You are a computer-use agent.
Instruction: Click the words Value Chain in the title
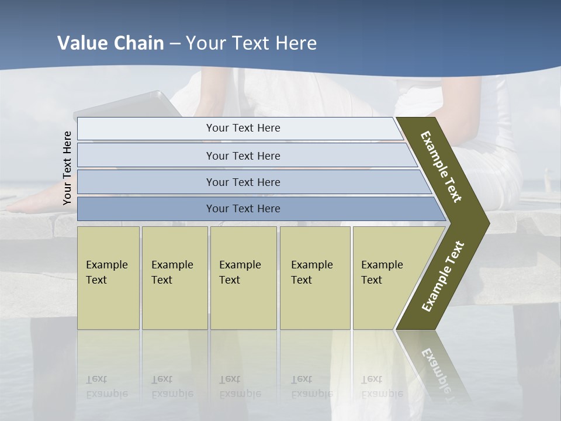(110, 43)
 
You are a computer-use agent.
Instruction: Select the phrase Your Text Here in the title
(251, 43)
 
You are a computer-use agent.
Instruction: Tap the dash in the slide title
(175, 44)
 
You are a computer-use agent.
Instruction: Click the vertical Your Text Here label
(67, 168)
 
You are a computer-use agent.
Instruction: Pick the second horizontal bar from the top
(243, 156)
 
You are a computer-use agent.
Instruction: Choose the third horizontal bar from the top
(243, 182)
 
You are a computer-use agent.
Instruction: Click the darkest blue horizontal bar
(243, 209)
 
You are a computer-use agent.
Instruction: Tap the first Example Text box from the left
(108, 278)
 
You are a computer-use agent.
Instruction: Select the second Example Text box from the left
(174, 278)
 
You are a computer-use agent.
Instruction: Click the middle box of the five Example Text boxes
(243, 278)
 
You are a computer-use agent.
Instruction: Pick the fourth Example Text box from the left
(315, 278)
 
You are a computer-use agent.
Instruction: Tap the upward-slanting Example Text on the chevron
(443, 276)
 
